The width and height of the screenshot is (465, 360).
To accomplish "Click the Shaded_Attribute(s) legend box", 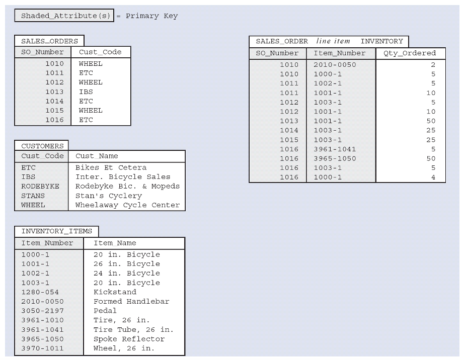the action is coord(64,16).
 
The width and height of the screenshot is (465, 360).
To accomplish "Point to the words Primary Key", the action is coord(151,16).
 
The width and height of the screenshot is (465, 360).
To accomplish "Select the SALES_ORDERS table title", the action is coord(49,41).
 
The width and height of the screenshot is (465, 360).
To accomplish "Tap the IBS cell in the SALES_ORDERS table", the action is coord(86,92).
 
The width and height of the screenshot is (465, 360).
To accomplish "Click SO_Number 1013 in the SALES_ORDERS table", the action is coord(54,92).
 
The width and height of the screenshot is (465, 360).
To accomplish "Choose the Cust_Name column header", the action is coord(97,156).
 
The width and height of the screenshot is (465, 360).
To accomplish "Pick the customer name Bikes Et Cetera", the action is coord(111,167).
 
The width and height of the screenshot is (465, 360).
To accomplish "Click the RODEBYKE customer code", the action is coord(40,187).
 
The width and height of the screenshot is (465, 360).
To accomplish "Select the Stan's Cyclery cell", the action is coord(108,196).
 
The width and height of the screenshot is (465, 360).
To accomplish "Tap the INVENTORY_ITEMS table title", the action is coord(56,231).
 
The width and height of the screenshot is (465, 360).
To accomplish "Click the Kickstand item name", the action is coord(115,292).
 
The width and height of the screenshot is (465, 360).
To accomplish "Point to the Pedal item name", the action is coord(105,311).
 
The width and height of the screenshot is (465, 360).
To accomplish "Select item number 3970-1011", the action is coord(42,348).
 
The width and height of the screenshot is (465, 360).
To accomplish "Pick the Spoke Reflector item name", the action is coord(129,339).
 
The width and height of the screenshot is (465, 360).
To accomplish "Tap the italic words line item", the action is coord(333,41).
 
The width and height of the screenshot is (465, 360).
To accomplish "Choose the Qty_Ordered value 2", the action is coord(433,65).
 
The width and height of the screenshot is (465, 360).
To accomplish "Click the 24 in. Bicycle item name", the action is coord(126,273).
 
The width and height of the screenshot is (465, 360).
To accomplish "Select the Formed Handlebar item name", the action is coord(131,302).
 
